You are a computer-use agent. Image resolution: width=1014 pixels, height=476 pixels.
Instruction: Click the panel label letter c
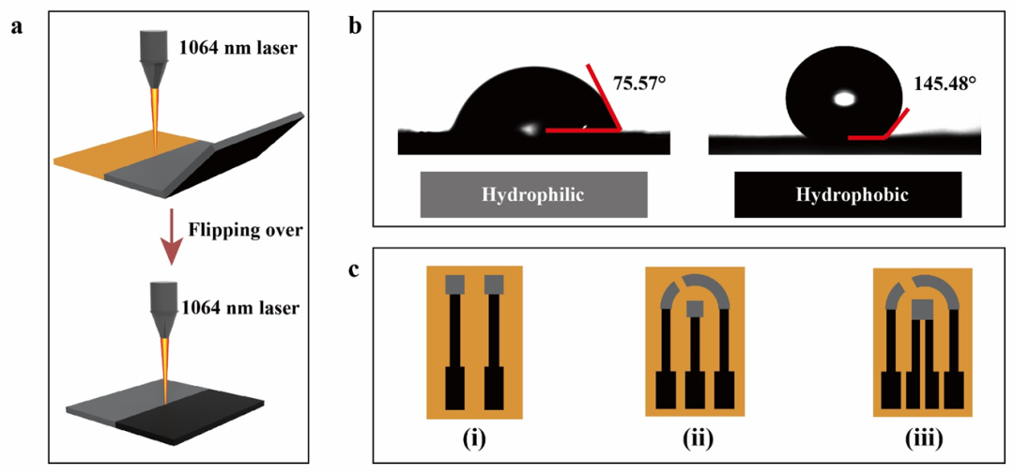pyautogui.click(x=355, y=269)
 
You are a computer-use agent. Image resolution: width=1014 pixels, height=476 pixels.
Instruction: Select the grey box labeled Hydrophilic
pyautogui.click(x=533, y=196)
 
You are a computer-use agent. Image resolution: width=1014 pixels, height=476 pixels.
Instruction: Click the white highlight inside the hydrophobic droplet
pyautogui.click(x=843, y=98)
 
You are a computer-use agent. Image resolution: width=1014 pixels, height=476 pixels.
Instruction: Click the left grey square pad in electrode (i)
pyautogui.click(x=456, y=284)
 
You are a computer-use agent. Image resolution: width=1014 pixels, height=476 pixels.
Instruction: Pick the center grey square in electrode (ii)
pyautogui.click(x=695, y=308)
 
